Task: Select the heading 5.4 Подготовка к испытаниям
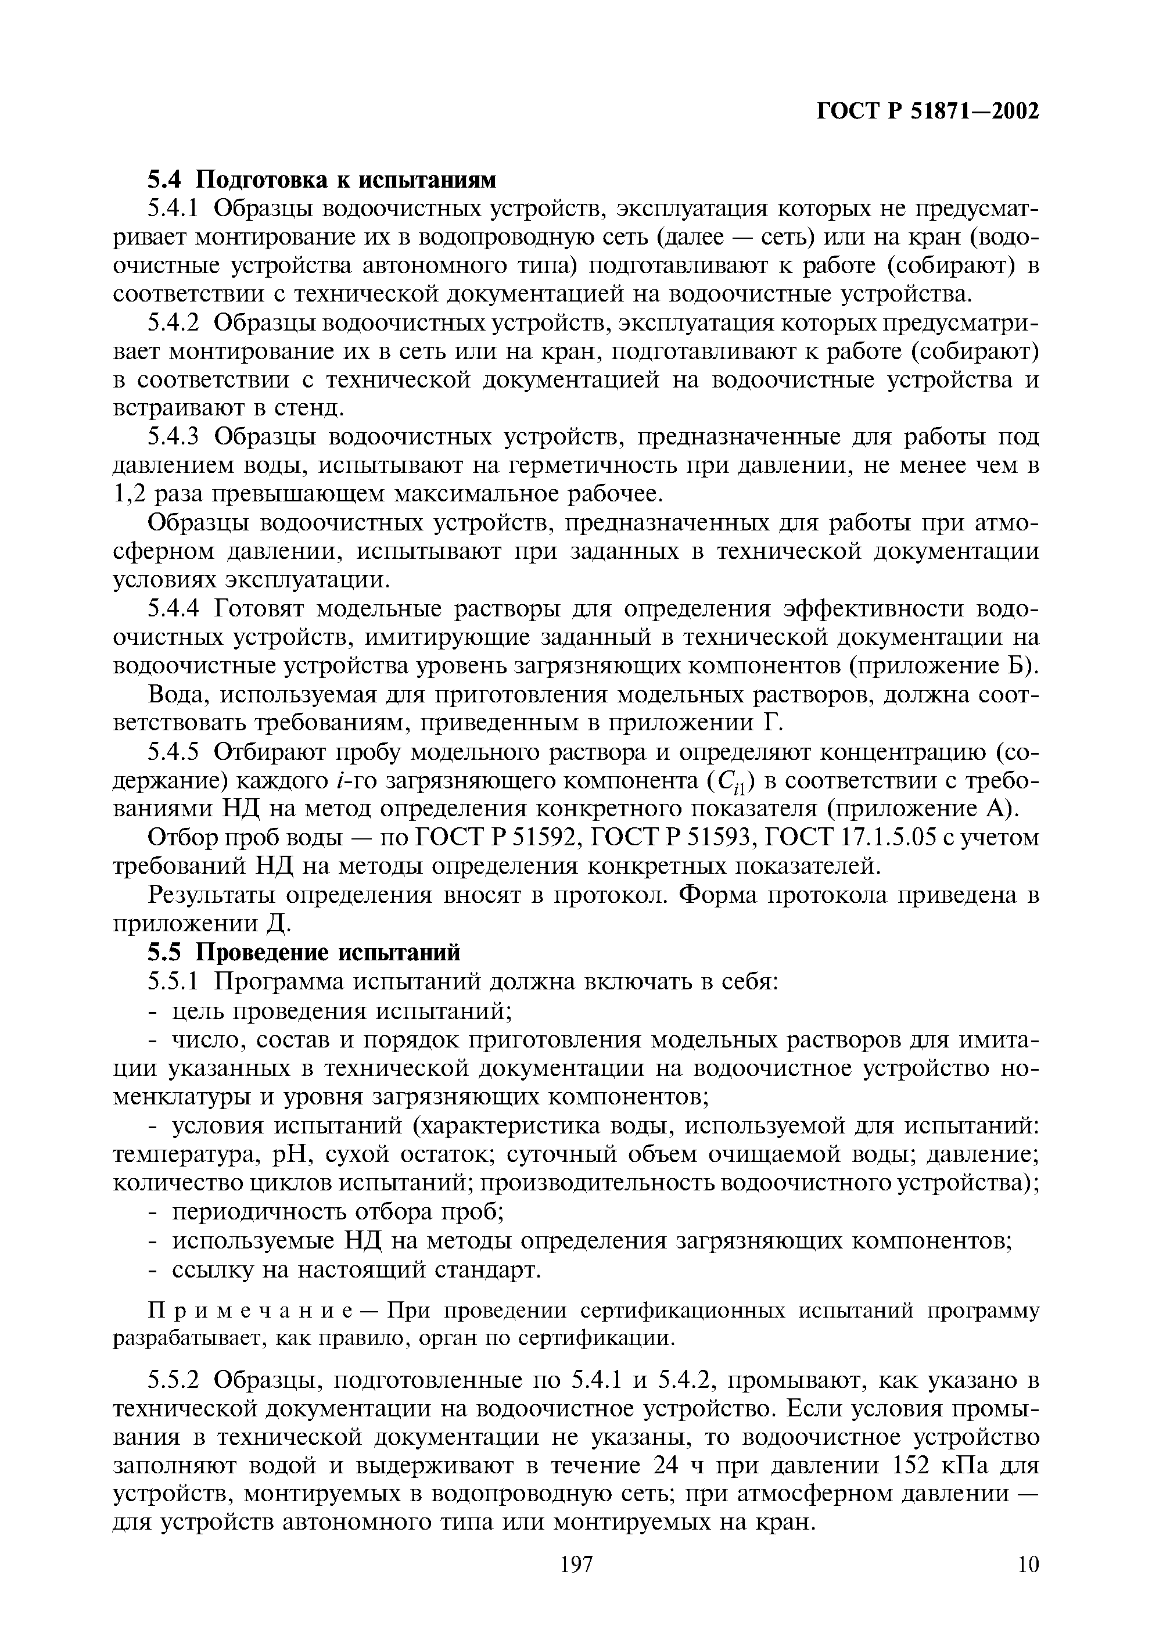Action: pos(321,178)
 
